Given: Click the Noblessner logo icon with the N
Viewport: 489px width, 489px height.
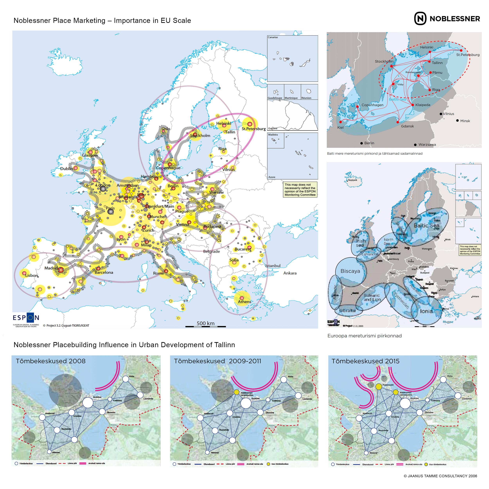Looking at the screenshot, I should point(420,18).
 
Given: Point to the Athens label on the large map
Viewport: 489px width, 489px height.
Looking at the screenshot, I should point(244,302).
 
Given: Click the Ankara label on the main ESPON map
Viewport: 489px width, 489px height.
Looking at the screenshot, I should point(290,273).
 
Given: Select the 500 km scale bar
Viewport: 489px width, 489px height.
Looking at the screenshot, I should point(206,326).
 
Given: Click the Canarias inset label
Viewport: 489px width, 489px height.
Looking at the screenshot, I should point(273,37).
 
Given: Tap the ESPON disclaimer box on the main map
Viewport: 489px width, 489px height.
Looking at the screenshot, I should point(300,190).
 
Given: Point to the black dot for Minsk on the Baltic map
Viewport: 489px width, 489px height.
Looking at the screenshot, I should point(457,120).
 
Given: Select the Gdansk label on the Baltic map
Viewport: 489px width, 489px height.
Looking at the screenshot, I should point(407,126).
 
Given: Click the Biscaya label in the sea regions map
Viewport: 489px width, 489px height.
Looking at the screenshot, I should point(350,271).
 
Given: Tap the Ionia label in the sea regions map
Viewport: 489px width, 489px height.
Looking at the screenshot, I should point(426,311).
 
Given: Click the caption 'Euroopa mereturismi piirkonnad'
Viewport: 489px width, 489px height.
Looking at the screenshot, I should point(364,336).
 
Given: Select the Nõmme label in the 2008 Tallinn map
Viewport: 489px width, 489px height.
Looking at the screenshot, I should point(56,452).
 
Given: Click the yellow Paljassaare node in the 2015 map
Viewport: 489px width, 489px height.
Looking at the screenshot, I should point(378,387).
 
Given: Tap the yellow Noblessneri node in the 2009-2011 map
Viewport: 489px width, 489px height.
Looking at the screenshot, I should point(236,392).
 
